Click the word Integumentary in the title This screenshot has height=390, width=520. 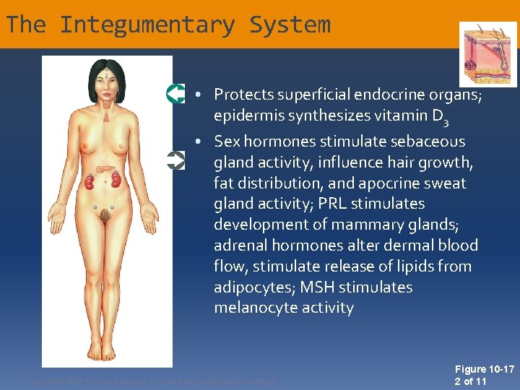pos(147,25)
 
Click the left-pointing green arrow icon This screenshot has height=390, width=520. pos(175,94)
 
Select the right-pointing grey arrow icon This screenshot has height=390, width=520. pos(175,160)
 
